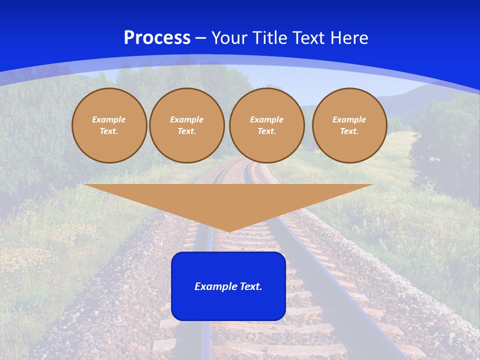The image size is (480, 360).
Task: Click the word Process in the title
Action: point(157,37)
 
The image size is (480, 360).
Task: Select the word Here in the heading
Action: point(349,38)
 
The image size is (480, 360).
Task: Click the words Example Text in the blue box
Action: point(228,286)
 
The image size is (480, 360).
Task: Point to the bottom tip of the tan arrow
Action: point(229,231)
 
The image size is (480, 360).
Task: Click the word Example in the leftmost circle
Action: point(109,119)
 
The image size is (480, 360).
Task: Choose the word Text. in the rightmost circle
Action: point(349,131)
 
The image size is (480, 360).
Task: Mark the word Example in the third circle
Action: point(267,119)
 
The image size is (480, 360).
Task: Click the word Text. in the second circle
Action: point(187,131)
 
